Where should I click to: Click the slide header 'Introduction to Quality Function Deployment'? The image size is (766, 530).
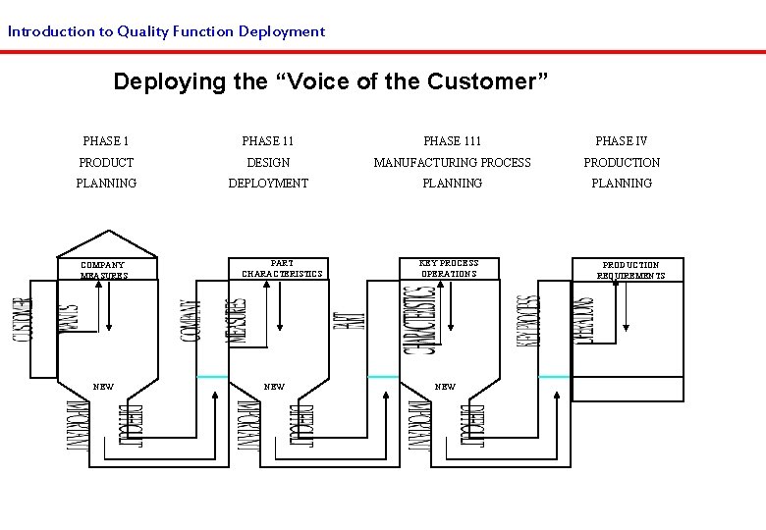point(166,31)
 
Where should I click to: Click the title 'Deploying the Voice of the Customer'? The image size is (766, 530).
point(330,81)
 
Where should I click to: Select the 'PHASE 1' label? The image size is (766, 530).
point(106,141)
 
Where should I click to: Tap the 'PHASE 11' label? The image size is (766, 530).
point(268,141)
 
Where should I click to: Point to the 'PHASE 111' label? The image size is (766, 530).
point(452,141)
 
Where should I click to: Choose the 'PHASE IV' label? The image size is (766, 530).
point(622,141)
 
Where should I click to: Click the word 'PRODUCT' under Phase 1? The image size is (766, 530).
point(106,162)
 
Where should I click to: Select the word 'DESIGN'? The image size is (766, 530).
point(268,162)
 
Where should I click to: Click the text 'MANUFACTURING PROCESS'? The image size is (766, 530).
point(452,162)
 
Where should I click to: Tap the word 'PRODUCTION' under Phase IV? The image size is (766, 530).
point(622,162)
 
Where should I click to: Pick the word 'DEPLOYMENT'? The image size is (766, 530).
point(268,184)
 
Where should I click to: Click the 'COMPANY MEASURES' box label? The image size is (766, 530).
point(103,270)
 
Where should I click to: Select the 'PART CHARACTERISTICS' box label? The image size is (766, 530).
point(282,268)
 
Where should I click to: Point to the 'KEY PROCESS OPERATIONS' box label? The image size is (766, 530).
point(449,268)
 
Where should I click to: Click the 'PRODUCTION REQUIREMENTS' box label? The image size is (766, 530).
point(630,270)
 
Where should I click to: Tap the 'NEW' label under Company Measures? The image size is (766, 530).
point(103,387)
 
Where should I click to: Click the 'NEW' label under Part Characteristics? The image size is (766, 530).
point(275,387)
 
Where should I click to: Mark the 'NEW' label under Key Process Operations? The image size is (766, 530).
point(445,387)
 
